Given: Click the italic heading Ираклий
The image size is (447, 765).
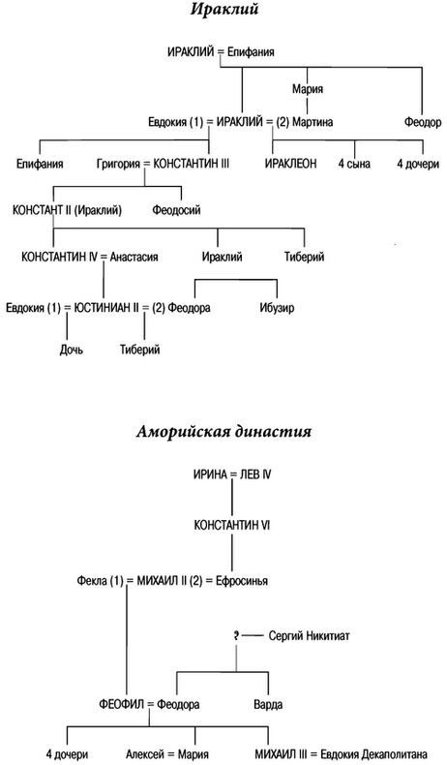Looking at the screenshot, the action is coord(223,10).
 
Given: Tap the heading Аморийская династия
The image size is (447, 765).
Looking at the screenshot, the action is coord(223,432).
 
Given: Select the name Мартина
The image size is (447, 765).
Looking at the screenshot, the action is coord(313,122).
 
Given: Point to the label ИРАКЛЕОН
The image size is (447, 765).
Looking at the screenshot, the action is coord(291,164).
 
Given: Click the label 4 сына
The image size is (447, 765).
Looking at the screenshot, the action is coord(354,164).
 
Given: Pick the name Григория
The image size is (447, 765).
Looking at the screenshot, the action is coord(116,165).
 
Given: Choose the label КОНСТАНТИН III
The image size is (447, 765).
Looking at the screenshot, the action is coord(191,164).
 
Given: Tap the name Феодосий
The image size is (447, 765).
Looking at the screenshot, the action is coord(176,211).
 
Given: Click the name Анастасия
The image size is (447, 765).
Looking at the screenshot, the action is coord(134,257).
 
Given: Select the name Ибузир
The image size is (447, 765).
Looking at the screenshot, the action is coord(277,308).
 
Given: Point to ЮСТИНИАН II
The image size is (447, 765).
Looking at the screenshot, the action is coord(104,308).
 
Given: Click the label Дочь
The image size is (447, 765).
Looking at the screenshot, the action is coord(72,350).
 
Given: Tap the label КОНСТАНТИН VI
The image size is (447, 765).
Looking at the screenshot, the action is coord(232,526).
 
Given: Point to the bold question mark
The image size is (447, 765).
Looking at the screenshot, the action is coord(236,636).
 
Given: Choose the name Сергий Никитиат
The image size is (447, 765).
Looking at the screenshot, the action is coord(309,636).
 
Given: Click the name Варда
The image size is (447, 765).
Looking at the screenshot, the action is coord(268,705).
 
